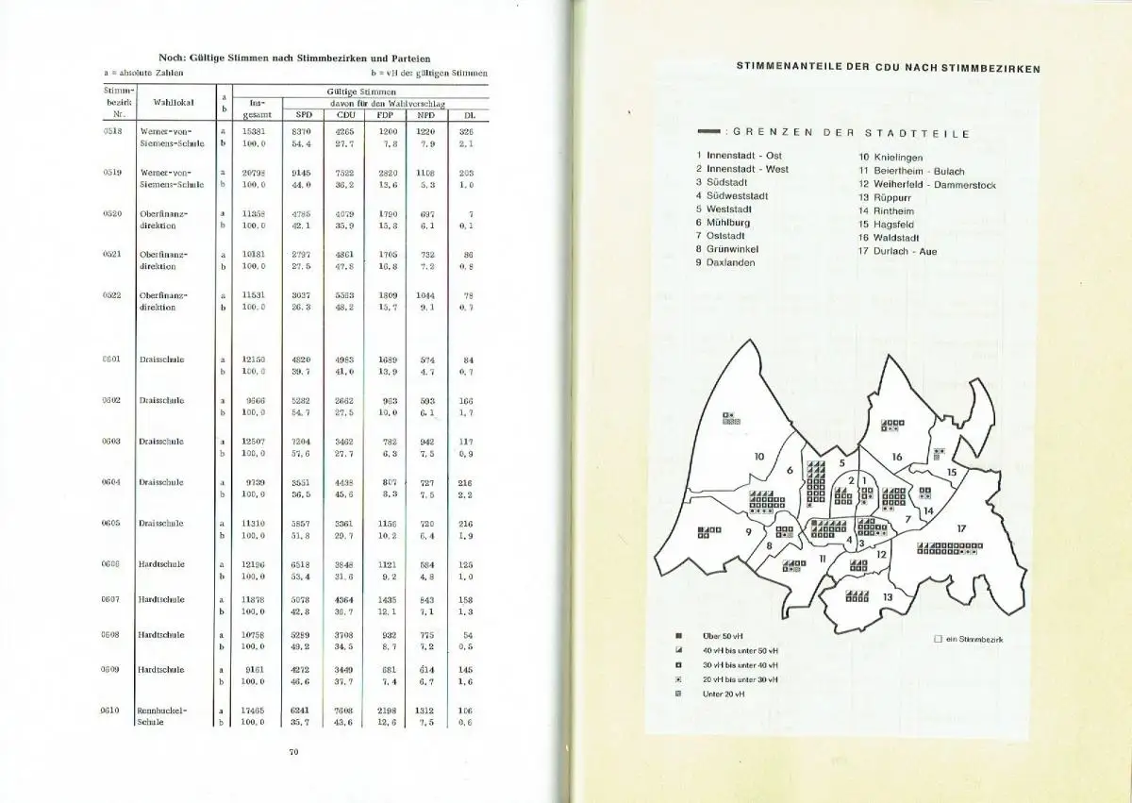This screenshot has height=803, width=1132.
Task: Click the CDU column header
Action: [343, 115]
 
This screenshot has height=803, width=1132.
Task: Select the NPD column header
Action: [425, 115]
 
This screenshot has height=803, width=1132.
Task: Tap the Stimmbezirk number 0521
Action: [113, 254]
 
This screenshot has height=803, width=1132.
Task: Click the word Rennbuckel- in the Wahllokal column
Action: [163, 710]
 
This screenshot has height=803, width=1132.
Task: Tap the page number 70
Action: [292, 752]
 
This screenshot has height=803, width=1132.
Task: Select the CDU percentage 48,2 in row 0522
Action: [343, 307]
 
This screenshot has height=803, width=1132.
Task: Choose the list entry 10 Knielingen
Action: [890, 158]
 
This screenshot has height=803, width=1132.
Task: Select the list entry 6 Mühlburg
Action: [724, 223]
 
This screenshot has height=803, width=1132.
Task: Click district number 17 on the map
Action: [961, 528]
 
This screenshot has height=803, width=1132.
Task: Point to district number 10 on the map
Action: [758, 457]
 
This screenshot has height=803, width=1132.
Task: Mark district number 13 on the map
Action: [887, 596]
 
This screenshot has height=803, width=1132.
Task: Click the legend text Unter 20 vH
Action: [724, 694]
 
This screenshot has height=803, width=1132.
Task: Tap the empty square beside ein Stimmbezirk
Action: [938, 639]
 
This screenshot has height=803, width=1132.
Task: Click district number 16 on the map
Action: [897, 457]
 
